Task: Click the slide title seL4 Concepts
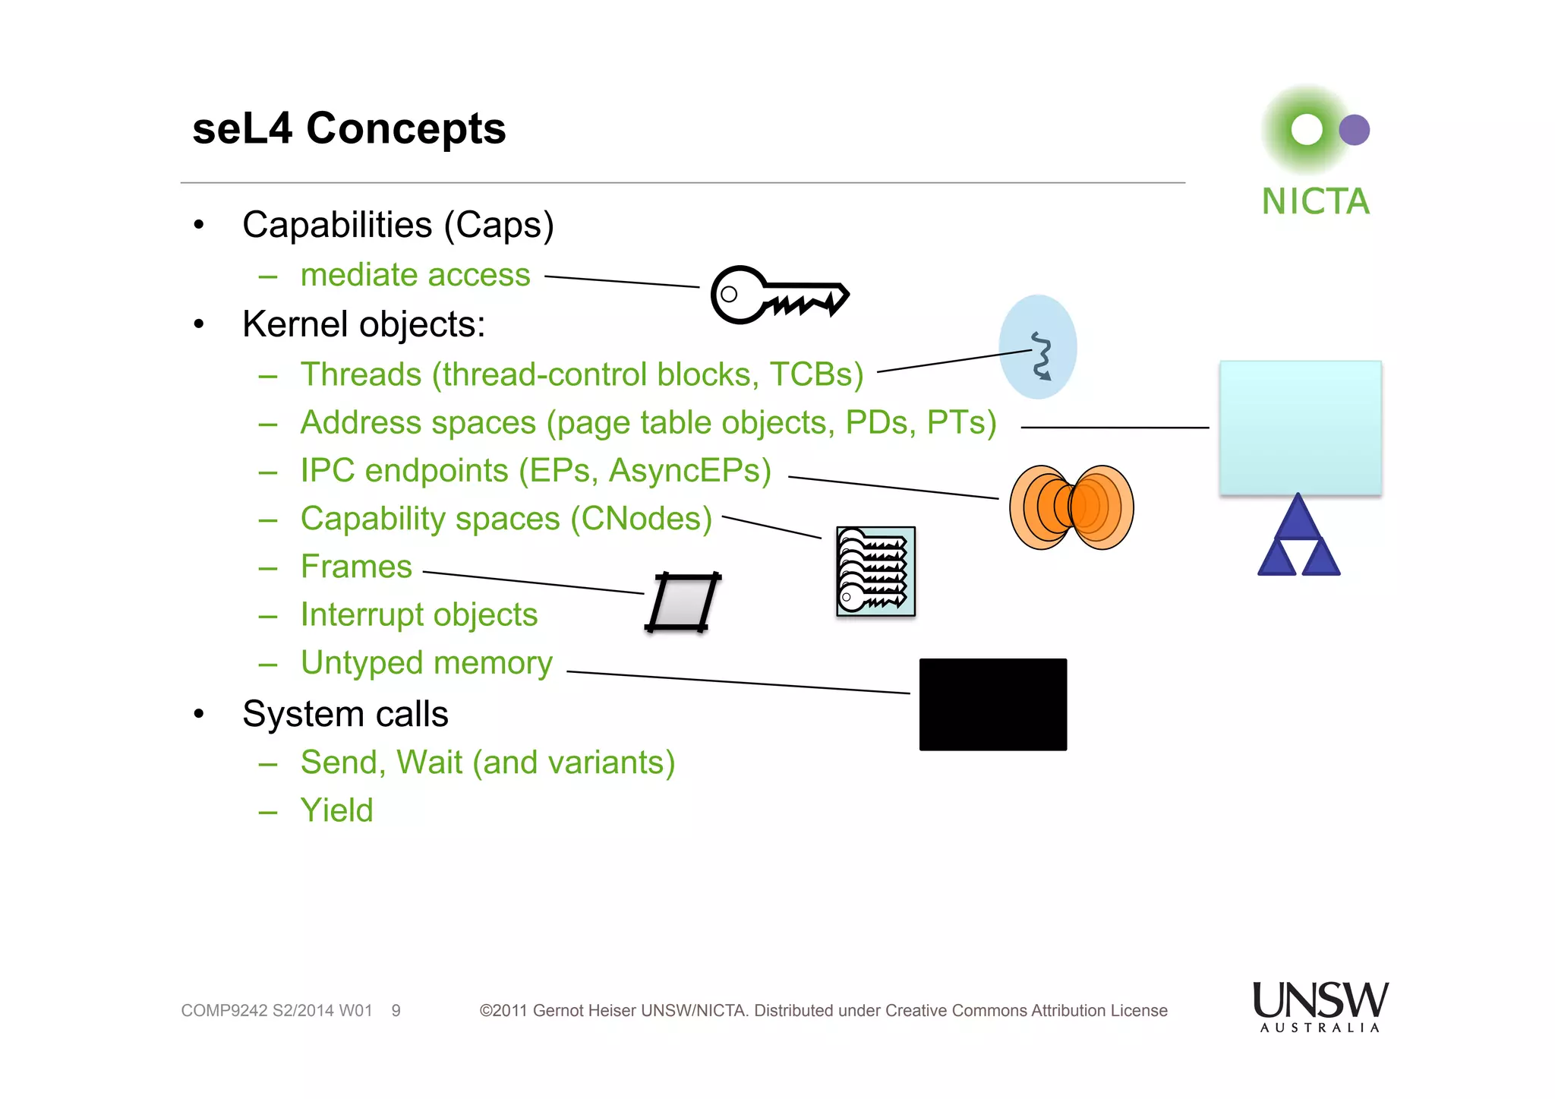tap(349, 128)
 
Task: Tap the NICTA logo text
tap(1315, 202)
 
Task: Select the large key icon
tap(778, 295)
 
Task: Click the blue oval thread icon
tap(1038, 347)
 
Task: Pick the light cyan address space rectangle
tap(1300, 428)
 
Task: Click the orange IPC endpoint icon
tap(1071, 507)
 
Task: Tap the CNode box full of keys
tap(875, 571)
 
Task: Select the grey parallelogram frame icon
tap(683, 602)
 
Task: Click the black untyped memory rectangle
tap(992, 704)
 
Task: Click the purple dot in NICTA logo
tap(1354, 130)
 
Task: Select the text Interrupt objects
tap(418, 614)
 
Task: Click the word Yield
tap(336, 810)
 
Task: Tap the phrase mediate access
tap(415, 275)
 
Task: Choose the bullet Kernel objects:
tap(363, 324)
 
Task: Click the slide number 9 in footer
tap(396, 1011)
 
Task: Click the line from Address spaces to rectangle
tap(1115, 428)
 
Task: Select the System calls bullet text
tap(345, 714)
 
